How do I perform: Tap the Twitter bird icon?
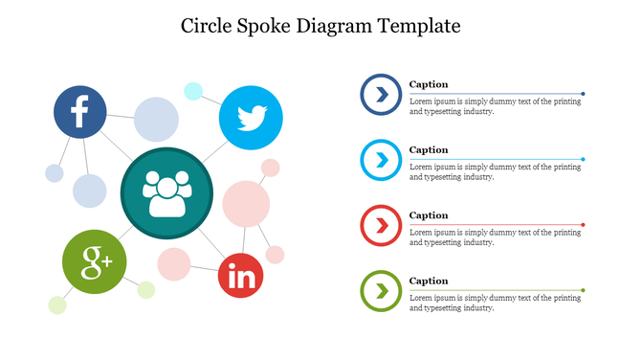(x=251, y=118)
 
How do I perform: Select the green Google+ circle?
(x=95, y=260)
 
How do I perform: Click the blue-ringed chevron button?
(x=381, y=94)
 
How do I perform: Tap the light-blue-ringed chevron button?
(x=381, y=160)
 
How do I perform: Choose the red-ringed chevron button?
(x=381, y=225)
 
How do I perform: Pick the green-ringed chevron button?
(x=381, y=290)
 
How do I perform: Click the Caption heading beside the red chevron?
(x=429, y=215)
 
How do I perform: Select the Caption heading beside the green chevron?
(x=429, y=281)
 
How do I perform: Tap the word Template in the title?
(x=417, y=26)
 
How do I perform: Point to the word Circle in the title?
(x=209, y=26)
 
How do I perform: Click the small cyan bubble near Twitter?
(x=193, y=91)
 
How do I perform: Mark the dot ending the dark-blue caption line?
(x=583, y=94)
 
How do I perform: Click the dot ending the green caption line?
(x=583, y=290)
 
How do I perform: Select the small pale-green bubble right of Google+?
(x=146, y=289)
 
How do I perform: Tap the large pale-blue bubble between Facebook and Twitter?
(x=156, y=120)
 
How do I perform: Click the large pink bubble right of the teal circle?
(x=246, y=204)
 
